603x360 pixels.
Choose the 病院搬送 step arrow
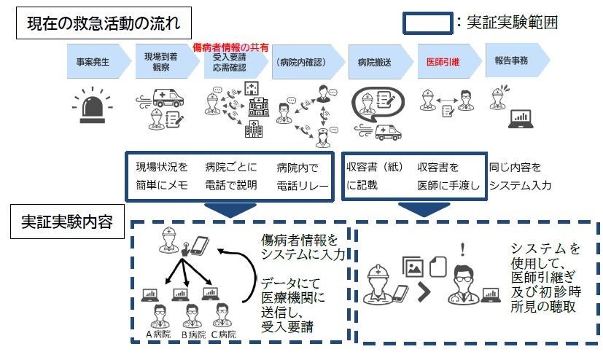[x=375, y=62]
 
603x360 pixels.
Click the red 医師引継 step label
[x=443, y=62]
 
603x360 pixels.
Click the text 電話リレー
[x=297, y=185]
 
